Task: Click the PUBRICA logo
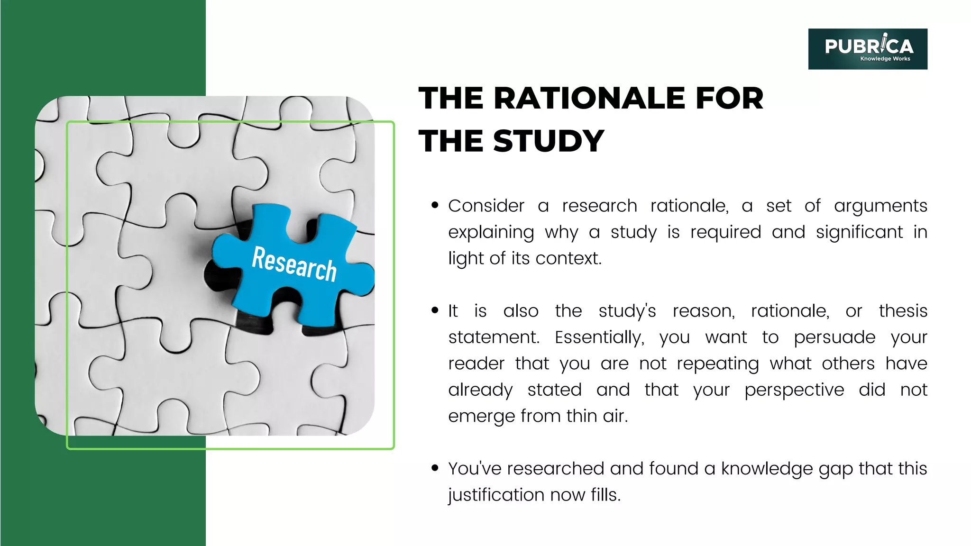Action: point(868,49)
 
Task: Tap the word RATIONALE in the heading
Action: point(590,99)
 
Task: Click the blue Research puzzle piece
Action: point(294,265)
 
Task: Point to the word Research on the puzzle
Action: point(294,264)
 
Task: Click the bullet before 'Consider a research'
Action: point(435,205)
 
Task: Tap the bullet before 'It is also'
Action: point(435,310)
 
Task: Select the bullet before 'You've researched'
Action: point(435,468)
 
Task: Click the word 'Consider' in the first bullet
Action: point(486,206)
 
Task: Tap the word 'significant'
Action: point(859,233)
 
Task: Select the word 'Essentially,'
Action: point(600,337)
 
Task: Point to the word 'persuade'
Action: point(834,337)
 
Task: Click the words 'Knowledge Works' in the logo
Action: point(885,59)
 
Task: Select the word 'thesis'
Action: point(903,311)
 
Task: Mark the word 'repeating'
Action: point(718,364)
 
